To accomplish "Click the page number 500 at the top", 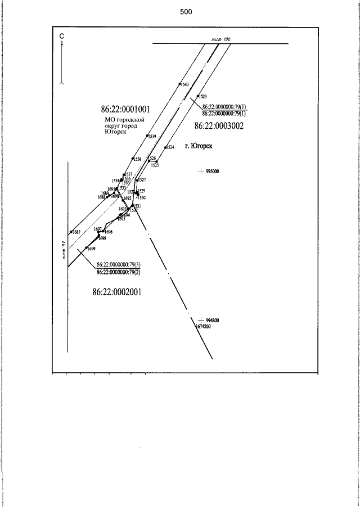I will [x=186, y=12].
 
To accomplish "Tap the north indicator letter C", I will [x=61, y=37].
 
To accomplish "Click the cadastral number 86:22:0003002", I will [x=219, y=126].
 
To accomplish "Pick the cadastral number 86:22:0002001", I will [x=116, y=292].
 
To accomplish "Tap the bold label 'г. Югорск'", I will [x=202, y=146].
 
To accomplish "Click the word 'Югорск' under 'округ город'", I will [x=115, y=132].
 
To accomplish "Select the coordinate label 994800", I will [x=212, y=321].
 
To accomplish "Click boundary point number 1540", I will [x=184, y=84].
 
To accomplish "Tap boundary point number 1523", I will [x=203, y=97].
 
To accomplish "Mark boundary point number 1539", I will [x=152, y=136].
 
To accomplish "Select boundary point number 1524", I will [x=170, y=147].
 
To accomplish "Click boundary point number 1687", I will [x=76, y=232].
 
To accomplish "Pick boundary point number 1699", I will [x=91, y=248].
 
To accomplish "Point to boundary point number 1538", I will [x=137, y=159].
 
